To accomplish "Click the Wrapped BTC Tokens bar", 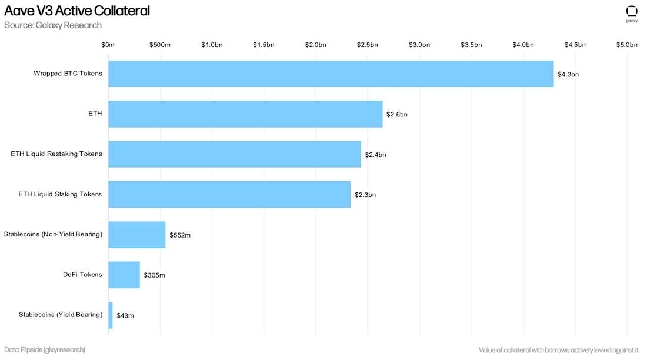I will click(x=331, y=74).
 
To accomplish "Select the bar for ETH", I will click(x=245, y=114).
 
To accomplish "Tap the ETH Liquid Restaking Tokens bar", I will click(x=235, y=154).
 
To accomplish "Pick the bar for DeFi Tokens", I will click(x=124, y=275).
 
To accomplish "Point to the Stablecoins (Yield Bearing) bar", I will click(x=111, y=315).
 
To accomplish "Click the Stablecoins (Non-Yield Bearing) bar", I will click(x=137, y=235).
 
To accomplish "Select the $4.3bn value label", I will click(x=568, y=74).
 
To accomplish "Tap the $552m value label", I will click(x=180, y=235).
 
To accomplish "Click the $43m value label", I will click(x=125, y=316).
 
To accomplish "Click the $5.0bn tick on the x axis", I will click(x=627, y=45).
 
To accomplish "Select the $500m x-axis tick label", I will click(x=160, y=45).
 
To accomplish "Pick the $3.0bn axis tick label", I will click(x=419, y=45).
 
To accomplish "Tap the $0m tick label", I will click(x=108, y=45).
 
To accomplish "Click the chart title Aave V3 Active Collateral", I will click(x=77, y=11).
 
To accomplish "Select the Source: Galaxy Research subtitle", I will click(x=53, y=25).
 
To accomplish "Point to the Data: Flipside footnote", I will click(x=45, y=350).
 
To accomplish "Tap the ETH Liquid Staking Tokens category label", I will click(x=60, y=194).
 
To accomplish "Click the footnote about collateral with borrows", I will click(x=559, y=350).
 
